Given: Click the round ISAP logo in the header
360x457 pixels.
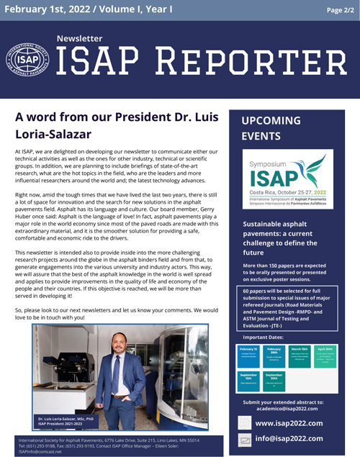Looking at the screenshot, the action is click(27, 61).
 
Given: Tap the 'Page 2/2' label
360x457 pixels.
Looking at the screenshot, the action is click(338, 9).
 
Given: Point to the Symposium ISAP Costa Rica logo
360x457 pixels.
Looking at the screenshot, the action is click(287, 178).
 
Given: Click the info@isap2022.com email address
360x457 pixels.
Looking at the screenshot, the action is click(289, 438).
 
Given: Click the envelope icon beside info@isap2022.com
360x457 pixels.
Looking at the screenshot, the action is click(246, 439).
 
